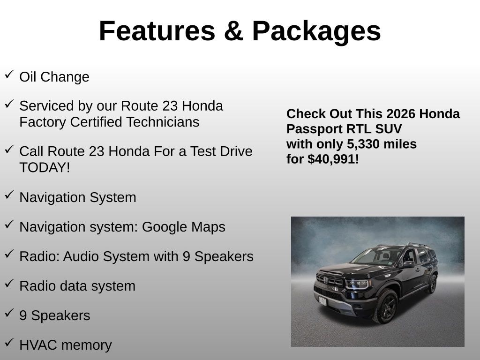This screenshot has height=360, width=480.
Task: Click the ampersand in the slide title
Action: pyautogui.click(x=233, y=31)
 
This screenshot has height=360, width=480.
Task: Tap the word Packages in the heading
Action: pyautogui.click(x=316, y=32)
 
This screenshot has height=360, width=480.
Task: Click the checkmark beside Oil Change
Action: pyautogui.click(x=9, y=75)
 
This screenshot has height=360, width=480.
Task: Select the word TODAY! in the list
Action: pyautogui.click(x=45, y=167)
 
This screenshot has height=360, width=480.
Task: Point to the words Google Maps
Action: pyautogui.click(x=184, y=227)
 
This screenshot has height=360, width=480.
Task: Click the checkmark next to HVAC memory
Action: pyautogui.click(x=9, y=342)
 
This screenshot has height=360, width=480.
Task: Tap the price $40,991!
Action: pyautogui.click(x=333, y=159)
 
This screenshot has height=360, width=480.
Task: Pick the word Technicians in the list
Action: pyautogui.click(x=163, y=122)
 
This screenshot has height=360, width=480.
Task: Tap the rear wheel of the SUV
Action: pyautogui.click(x=432, y=284)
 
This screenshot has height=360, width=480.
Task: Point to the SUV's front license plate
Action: pyautogui.click(x=322, y=301)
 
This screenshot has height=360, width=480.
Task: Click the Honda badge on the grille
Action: pyautogui.click(x=326, y=280)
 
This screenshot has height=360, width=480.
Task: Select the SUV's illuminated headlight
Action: pyautogui.click(x=357, y=284)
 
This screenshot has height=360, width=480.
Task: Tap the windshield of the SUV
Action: pyautogui.click(x=376, y=256)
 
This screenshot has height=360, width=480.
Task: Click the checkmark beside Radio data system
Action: pyautogui.click(x=9, y=283)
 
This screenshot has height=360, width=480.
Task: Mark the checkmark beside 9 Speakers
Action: pyautogui.click(x=9, y=313)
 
